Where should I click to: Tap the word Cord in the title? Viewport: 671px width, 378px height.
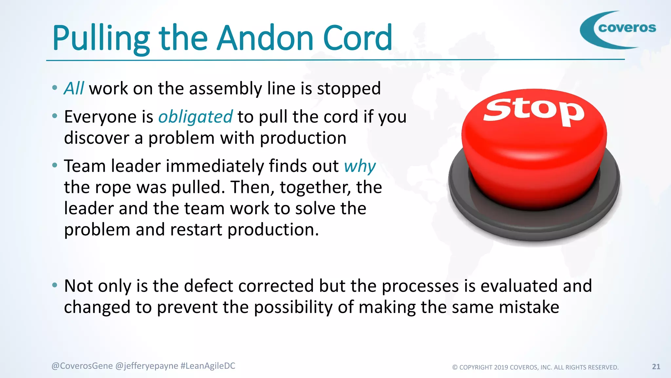pos(357,38)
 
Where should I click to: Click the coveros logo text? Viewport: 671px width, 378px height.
pos(627,28)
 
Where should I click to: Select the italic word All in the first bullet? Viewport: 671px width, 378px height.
pos(74,89)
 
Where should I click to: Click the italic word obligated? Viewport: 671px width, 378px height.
pos(195,117)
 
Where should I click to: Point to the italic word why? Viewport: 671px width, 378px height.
pos(359,166)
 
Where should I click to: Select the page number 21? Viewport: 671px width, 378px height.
pos(656,367)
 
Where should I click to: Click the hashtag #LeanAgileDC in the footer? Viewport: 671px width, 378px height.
pos(208,366)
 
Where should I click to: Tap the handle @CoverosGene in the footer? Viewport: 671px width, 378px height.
pos(82,366)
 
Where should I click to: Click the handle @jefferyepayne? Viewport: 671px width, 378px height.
pos(147,366)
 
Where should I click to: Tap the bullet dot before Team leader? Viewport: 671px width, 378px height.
pos(55,165)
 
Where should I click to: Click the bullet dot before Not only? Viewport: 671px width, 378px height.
pos(55,285)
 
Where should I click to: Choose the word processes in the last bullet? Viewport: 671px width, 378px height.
pos(420,286)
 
